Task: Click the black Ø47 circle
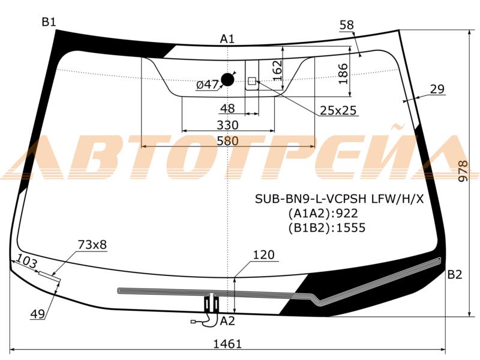pos(227,80)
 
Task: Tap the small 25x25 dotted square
pos(252,81)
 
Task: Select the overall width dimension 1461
pos(227,344)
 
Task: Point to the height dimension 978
pos(464,171)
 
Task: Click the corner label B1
pos(49,22)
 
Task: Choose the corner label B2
pos(455,275)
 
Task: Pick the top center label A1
pos(227,39)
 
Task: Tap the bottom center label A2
pos(227,321)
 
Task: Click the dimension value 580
pos(227,141)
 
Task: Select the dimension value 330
pos(227,125)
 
